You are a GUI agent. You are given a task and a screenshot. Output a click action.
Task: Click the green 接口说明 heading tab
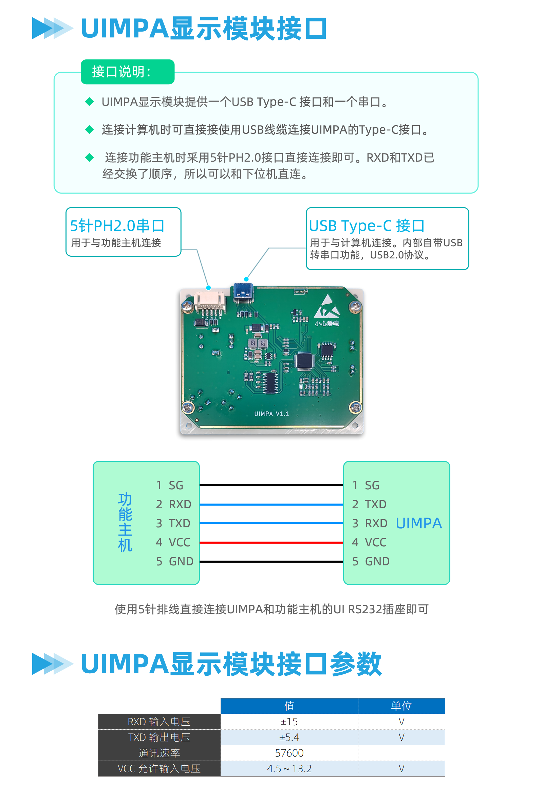pyautogui.click(x=127, y=72)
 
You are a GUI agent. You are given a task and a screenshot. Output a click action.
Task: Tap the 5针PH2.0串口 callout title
pyautogui.click(x=117, y=226)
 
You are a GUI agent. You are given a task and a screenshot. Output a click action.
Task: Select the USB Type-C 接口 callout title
pyautogui.click(x=367, y=226)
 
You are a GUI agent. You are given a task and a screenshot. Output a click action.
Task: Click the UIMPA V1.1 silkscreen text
pyautogui.click(x=271, y=414)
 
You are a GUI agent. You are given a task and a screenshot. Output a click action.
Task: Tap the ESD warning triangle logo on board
pyautogui.click(x=327, y=306)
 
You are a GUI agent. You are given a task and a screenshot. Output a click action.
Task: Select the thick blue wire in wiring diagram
pyautogui.click(x=271, y=515)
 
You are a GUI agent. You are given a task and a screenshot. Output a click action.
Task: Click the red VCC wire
pyautogui.click(x=271, y=540)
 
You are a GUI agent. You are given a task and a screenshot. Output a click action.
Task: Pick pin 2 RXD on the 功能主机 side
pyautogui.click(x=173, y=504)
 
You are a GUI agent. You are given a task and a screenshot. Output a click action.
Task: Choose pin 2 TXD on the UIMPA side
pyautogui.click(x=369, y=504)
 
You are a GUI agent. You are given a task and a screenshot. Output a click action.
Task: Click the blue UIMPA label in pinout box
pyautogui.click(x=418, y=523)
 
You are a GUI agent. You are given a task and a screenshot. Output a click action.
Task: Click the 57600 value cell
pyautogui.click(x=289, y=753)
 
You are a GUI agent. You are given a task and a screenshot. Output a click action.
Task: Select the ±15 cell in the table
pyautogui.click(x=289, y=722)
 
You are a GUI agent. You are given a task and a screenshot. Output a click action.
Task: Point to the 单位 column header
pyautogui.click(x=401, y=706)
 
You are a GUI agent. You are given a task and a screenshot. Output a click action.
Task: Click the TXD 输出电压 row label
pyautogui.click(x=159, y=737)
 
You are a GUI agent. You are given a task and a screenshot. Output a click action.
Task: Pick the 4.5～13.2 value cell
pyautogui.click(x=289, y=768)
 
